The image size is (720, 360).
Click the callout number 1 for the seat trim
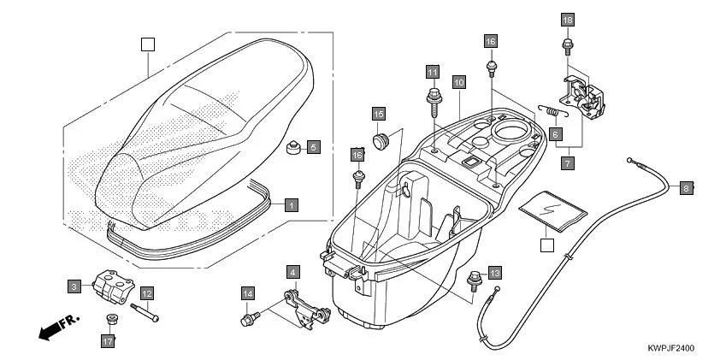[x=292, y=205]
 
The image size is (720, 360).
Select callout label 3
[x=75, y=285]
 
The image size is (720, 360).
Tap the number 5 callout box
[x=313, y=147]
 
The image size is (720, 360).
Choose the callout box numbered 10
[x=459, y=83]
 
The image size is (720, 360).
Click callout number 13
[x=495, y=273]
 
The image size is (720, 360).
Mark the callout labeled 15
[x=379, y=113]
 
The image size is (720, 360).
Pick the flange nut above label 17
[x=109, y=321]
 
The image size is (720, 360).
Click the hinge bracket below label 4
[x=306, y=310]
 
